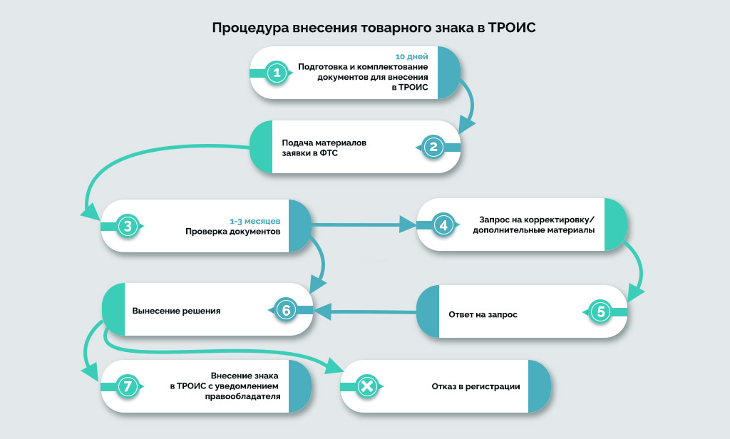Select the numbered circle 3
pos(127,227)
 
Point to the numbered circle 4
pos(443,225)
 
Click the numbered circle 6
pos(284,310)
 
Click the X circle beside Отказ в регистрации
pos(366,386)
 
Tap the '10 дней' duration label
pos(412,55)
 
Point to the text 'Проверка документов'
pos(233,232)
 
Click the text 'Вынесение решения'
pos(176,311)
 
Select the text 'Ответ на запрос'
pos(483,314)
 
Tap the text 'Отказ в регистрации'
pos(475,386)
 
